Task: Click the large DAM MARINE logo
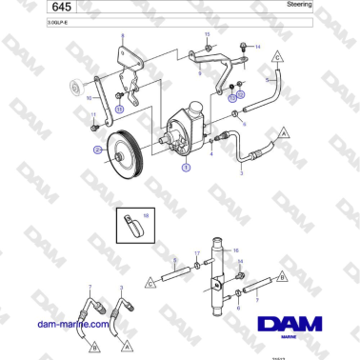(290, 325)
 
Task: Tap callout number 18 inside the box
(147, 216)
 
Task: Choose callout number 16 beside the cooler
(235, 250)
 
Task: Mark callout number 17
(196, 253)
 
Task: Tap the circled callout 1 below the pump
(186, 167)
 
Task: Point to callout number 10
(90, 97)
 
